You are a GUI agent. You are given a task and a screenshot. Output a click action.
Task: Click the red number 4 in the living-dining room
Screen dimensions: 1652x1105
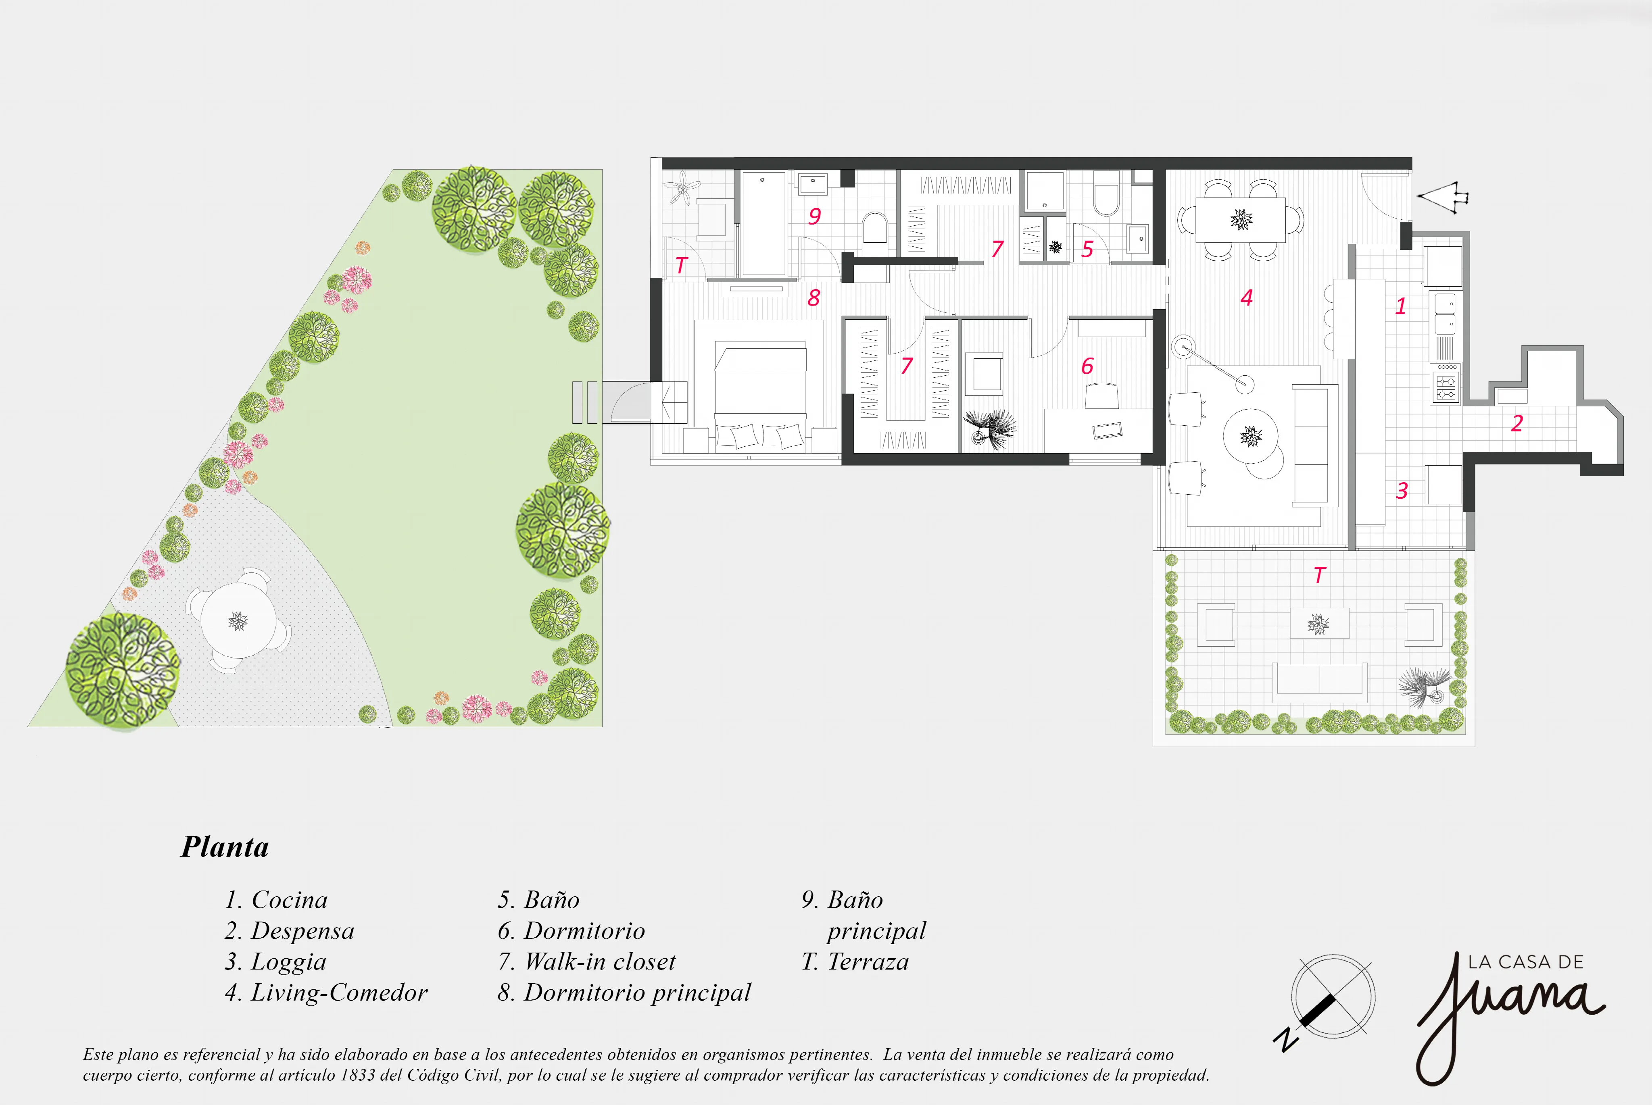pyautogui.click(x=1246, y=298)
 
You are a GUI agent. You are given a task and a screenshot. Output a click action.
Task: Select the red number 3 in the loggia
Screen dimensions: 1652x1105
pyautogui.click(x=1402, y=491)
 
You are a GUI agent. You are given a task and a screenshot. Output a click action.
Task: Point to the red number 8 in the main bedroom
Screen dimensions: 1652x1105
pyautogui.click(x=813, y=298)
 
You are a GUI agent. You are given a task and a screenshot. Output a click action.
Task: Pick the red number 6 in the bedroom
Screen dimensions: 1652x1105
pyautogui.click(x=1087, y=366)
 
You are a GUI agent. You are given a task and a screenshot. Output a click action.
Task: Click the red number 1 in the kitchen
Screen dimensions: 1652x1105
pyautogui.click(x=1401, y=306)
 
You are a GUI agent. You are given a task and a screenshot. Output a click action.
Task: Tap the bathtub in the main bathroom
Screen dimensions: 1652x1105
pyautogui.click(x=763, y=223)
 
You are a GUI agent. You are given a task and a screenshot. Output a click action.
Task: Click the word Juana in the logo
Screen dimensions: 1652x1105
pyautogui.click(x=1509, y=1015)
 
